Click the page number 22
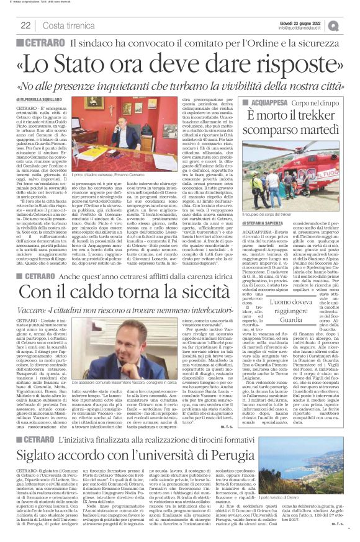(x=26, y=25)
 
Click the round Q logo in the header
(x=351, y=25)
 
